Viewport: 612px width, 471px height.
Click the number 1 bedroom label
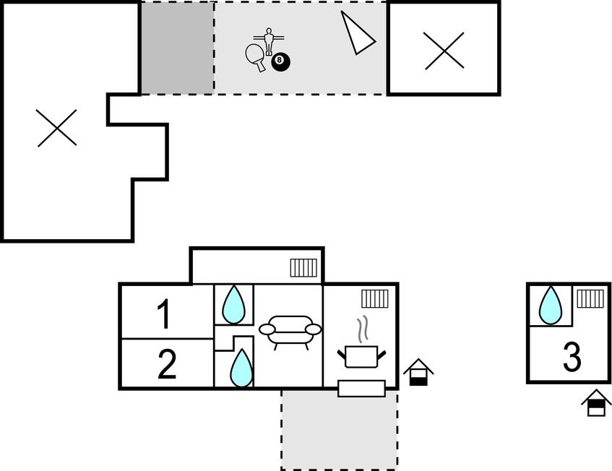pyautogui.click(x=165, y=314)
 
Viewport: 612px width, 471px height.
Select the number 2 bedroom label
pyautogui.click(x=167, y=364)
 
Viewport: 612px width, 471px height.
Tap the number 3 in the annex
pyautogui.click(x=572, y=357)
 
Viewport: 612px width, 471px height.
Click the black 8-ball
pyautogui.click(x=280, y=62)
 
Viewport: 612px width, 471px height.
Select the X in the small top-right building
pyautogui.click(x=444, y=51)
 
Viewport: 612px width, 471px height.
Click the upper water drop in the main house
pyautogui.click(x=233, y=304)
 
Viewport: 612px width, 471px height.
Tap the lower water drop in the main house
pyautogui.click(x=241, y=368)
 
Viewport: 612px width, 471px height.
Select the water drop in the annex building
pyautogui.click(x=551, y=304)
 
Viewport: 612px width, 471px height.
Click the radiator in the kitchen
pyautogui.click(x=375, y=298)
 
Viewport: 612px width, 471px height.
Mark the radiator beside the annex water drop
pyautogui.click(x=590, y=298)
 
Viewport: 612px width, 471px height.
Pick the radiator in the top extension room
pyautogui.click(x=303, y=268)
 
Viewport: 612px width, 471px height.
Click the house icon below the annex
pyautogui.click(x=596, y=403)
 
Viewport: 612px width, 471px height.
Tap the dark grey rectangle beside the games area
pyautogui.click(x=177, y=48)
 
